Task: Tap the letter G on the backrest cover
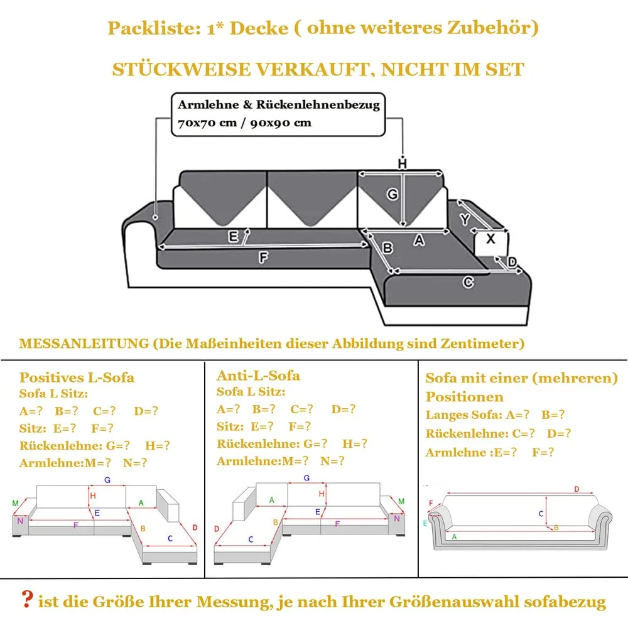(392, 195)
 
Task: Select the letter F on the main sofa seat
(264, 256)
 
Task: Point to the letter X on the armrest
(490, 239)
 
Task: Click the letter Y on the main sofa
(465, 219)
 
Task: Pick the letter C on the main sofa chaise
(468, 283)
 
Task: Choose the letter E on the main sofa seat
(234, 237)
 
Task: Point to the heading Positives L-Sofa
(77, 377)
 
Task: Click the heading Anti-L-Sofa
(258, 376)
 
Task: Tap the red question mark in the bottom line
(27, 600)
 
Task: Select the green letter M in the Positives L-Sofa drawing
(15, 503)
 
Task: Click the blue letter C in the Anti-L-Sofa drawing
(251, 539)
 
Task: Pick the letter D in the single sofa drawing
(577, 489)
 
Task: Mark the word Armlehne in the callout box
(201, 105)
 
